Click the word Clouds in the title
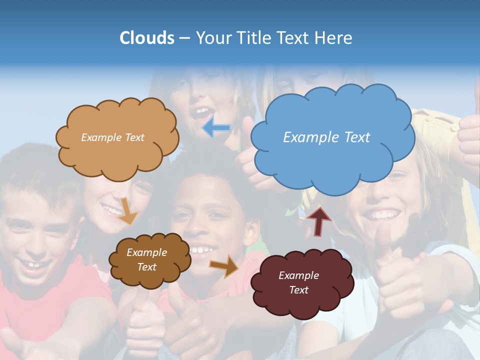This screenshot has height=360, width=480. coord(147,38)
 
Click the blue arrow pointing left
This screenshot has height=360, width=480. coord(216,128)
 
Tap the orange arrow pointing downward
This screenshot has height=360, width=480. coord(128,211)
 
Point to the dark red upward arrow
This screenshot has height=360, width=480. coord(319,220)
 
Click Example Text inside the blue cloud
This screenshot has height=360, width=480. coord(326,137)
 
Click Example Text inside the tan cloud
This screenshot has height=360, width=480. coord(112,137)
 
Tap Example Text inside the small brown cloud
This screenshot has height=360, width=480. coord(146,259)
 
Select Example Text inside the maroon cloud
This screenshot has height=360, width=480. coord(298,282)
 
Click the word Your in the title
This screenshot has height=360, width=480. coord(212,38)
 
